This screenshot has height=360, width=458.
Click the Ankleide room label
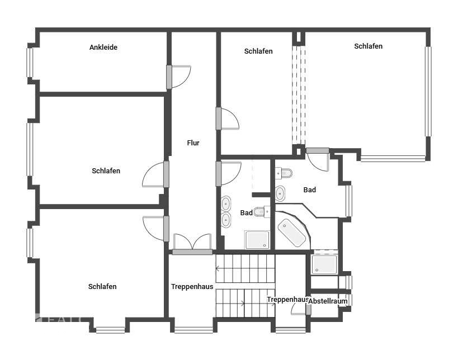click(103, 48)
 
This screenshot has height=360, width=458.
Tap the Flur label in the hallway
click(193, 143)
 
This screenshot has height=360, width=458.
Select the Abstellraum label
click(328, 301)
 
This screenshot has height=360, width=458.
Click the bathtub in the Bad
click(292, 233)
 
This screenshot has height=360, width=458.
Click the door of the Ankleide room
click(179, 77)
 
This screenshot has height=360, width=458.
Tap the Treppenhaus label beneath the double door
click(192, 287)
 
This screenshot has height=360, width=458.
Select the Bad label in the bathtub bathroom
click(309, 190)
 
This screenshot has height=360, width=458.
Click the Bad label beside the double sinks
click(246, 213)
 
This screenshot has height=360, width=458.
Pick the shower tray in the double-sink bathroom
click(257, 240)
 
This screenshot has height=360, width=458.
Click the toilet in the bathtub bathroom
click(282, 172)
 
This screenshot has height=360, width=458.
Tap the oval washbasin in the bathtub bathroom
click(280, 193)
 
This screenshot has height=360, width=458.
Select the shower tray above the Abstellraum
click(324, 264)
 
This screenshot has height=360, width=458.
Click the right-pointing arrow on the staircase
click(242, 304)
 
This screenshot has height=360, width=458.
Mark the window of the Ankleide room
click(30, 62)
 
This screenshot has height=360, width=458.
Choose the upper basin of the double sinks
click(226, 203)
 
